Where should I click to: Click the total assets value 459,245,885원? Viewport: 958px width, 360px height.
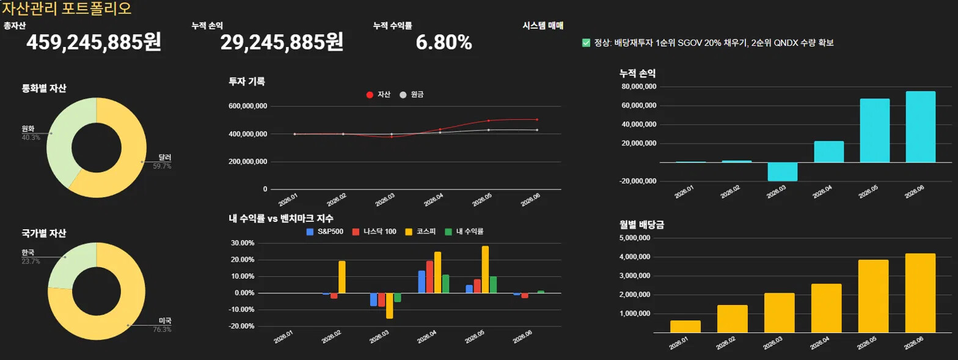93,42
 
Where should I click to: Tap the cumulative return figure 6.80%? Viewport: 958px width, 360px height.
444,42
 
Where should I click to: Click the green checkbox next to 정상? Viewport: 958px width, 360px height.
586,43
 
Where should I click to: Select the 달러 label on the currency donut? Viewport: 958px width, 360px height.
165,157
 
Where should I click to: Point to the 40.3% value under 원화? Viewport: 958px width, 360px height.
31,138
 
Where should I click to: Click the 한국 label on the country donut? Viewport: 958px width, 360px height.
28,252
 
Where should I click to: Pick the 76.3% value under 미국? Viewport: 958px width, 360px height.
162,329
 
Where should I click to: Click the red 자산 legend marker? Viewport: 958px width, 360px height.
370,95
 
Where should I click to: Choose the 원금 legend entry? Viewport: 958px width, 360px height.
411,95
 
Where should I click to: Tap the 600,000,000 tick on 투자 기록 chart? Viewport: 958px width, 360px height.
247,106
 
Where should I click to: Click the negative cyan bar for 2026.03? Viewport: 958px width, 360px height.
782,172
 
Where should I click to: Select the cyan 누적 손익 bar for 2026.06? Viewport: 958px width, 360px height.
920,127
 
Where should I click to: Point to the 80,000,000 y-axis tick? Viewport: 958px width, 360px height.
639,86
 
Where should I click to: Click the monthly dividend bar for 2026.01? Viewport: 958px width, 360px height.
685,326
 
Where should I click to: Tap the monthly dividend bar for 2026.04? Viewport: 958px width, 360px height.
826,308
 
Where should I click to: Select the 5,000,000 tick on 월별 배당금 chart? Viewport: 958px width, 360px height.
635,238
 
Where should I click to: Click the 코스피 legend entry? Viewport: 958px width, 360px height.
420,232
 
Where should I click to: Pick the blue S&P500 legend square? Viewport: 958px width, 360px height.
310,232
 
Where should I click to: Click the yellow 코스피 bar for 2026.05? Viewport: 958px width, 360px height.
485,270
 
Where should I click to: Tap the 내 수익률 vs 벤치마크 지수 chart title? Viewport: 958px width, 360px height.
281,219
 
